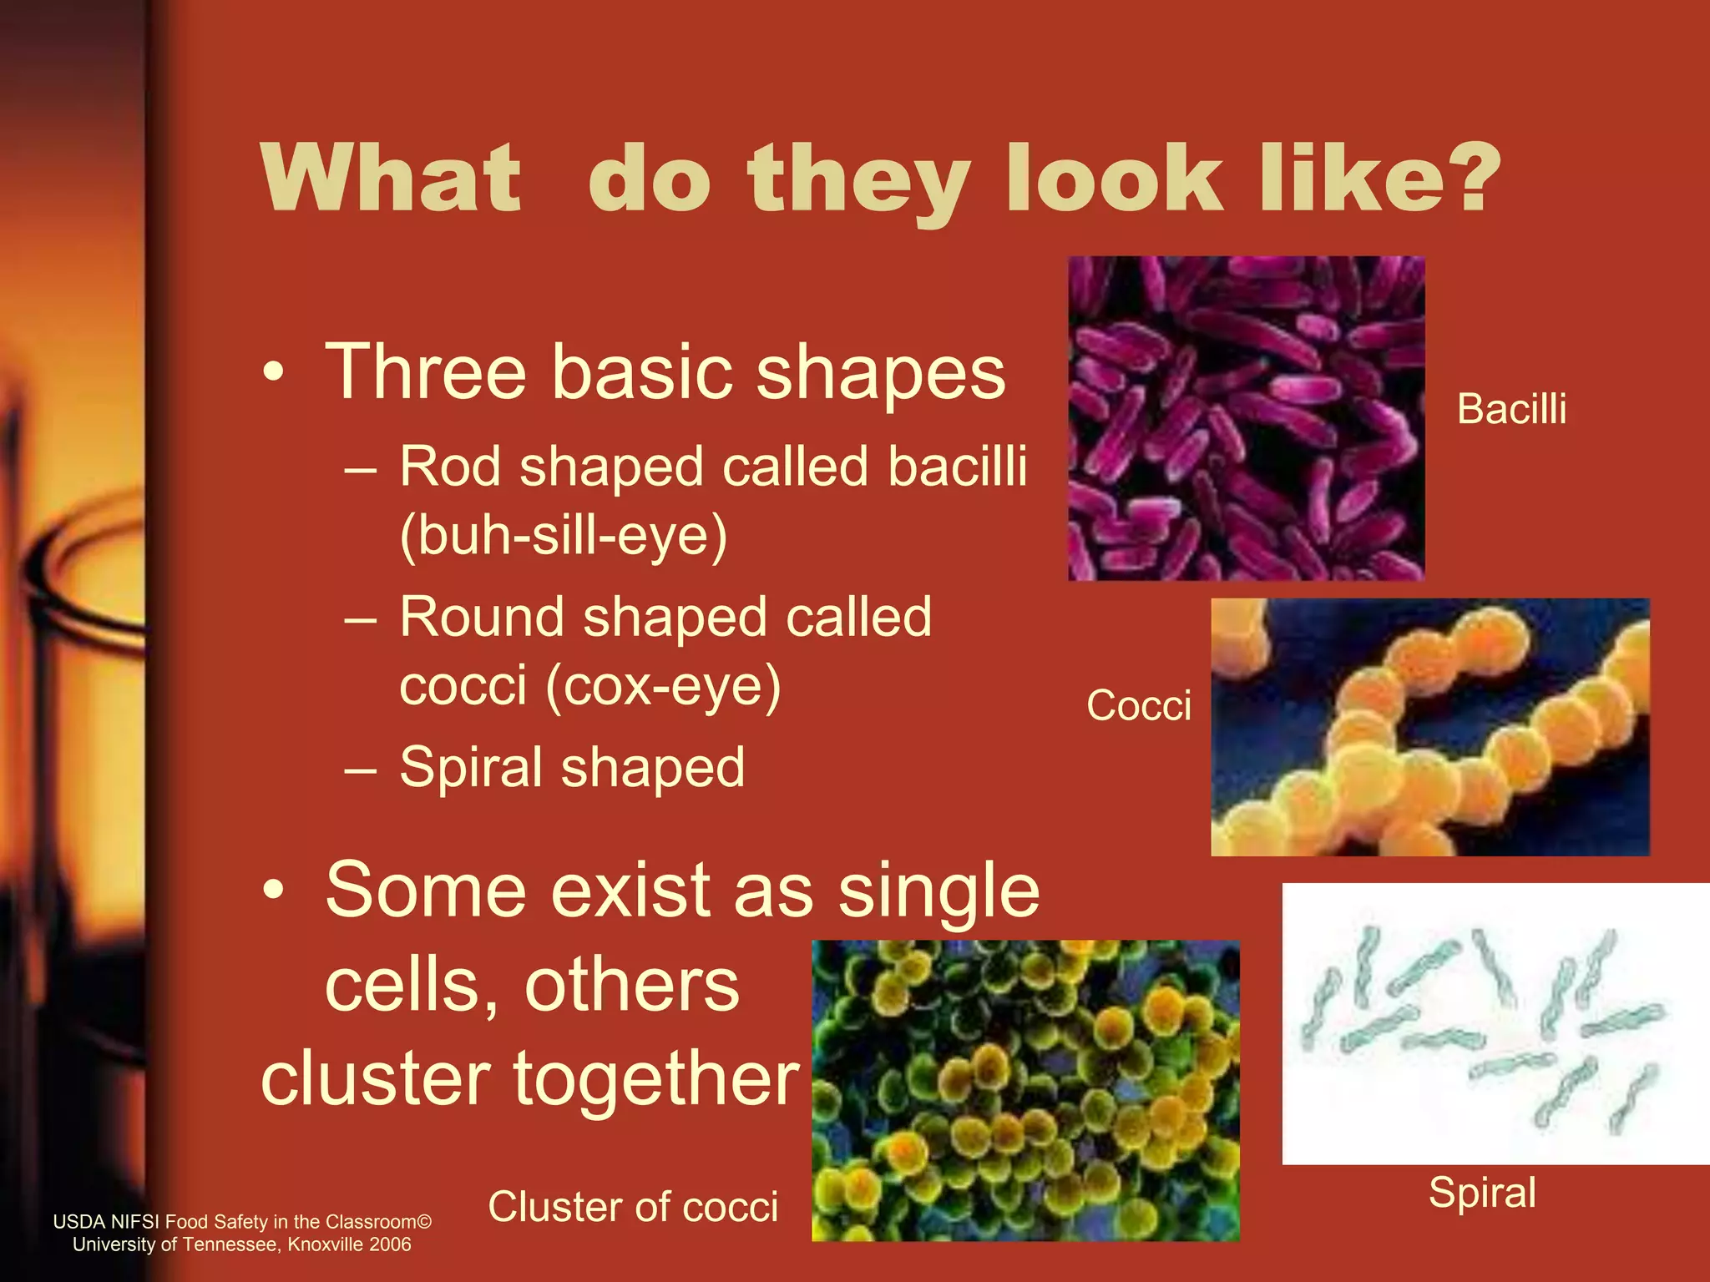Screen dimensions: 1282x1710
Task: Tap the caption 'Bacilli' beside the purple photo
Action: coord(1511,409)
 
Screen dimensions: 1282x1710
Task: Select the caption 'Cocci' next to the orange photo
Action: coord(1138,706)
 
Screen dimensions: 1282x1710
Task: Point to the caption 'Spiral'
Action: coord(1482,1193)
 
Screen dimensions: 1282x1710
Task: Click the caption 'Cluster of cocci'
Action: coord(633,1207)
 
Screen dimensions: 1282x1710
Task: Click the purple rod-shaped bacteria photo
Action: coord(1246,418)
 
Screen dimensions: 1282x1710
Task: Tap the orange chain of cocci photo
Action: coord(1429,727)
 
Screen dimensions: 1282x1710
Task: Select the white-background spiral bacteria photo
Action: coord(1495,1023)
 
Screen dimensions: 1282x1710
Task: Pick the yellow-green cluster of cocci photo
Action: coord(1025,1090)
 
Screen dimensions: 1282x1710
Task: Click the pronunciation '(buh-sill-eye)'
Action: coord(564,535)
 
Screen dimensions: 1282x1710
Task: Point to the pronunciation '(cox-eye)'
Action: coord(663,686)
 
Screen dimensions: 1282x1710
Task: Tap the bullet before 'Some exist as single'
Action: coord(273,891)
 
